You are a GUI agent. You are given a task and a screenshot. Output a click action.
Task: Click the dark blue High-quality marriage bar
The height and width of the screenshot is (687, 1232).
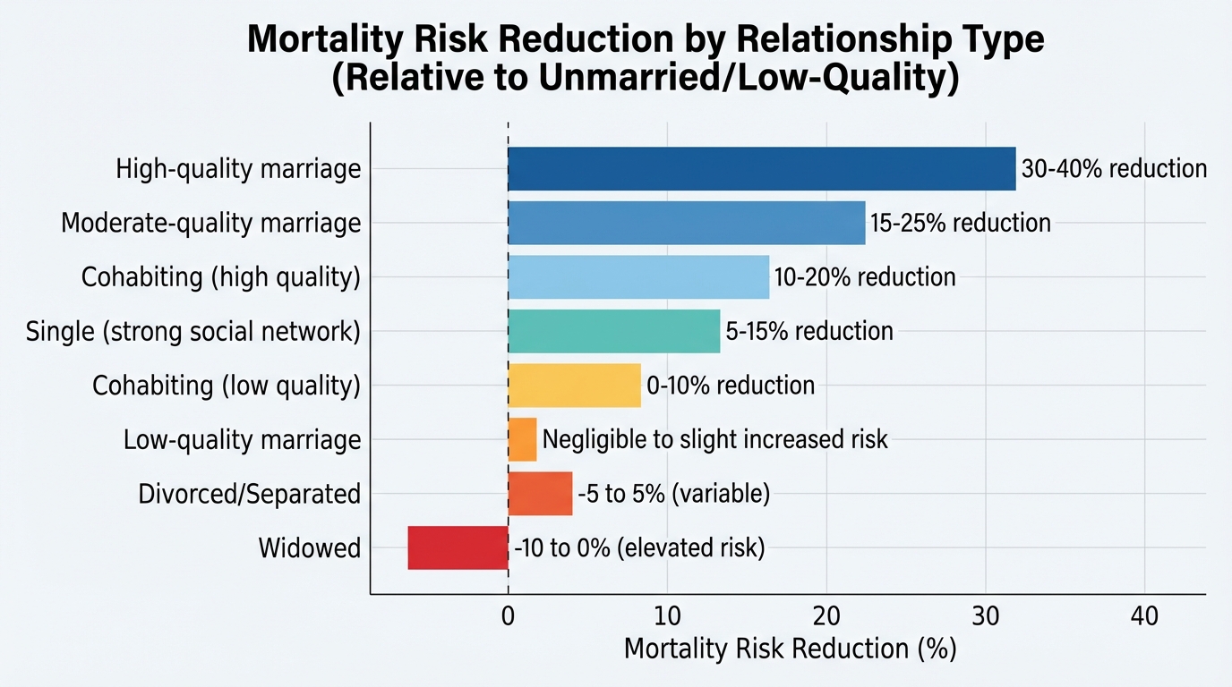[x=761, y=169]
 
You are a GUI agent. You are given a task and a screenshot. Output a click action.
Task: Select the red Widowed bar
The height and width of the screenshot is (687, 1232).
[x=458, y=547]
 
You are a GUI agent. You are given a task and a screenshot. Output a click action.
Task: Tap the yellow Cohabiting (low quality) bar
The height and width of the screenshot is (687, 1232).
[x=574, y=386]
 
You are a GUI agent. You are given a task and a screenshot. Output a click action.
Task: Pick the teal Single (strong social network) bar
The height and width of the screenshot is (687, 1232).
[x=613, y=331]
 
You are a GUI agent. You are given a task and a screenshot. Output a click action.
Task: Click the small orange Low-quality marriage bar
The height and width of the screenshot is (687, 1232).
[x=522, y=440]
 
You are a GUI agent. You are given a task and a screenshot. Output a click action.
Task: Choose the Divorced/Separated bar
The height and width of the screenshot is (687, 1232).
[x=540, y=494]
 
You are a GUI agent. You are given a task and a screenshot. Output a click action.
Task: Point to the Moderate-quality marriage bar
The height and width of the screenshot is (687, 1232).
[x=686, y=223]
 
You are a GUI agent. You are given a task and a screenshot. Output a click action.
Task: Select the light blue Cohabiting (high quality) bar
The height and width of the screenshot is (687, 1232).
[x=638, y=277]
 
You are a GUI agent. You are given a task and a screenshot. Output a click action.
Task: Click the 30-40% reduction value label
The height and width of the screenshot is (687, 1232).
[x=1114, y=169]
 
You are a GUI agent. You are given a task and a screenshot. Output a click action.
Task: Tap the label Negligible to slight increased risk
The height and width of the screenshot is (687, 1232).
[x=714, y=440]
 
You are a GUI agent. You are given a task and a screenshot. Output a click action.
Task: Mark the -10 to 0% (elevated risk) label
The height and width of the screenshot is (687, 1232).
[x=639, y=547]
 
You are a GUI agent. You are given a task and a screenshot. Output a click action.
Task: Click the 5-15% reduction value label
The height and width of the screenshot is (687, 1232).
[x=808, y=331]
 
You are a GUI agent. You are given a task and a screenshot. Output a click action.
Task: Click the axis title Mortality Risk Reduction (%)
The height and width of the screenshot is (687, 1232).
[x=790, y=649]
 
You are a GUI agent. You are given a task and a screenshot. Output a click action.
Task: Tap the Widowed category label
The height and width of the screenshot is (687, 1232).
[x=309, y=547]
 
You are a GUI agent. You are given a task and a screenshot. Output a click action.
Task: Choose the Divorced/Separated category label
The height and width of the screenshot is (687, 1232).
[x=249, y=494]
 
